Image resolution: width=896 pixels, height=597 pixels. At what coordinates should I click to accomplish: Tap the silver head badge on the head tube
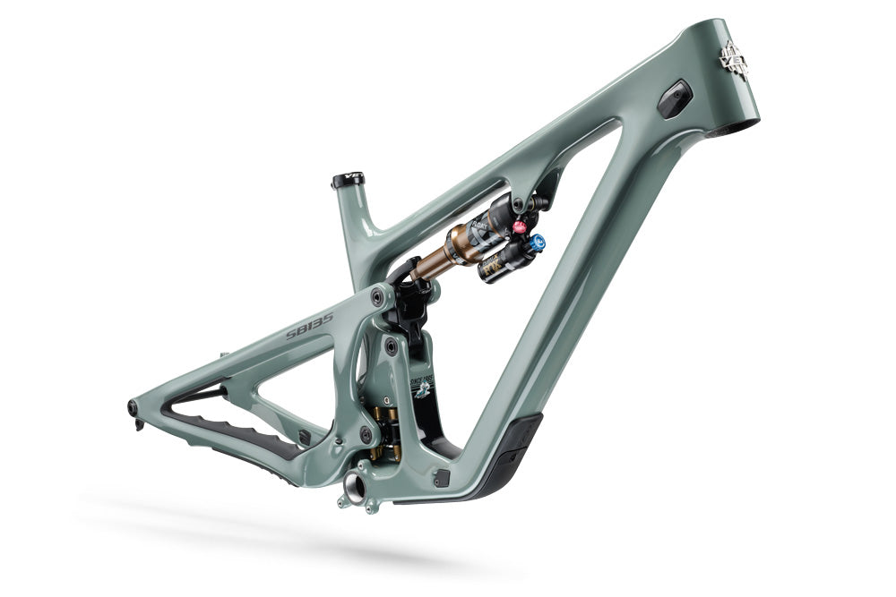[734, 60]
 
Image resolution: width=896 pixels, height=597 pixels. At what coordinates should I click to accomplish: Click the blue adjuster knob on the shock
[537, 242]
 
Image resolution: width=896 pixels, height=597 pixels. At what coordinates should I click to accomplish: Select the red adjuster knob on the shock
[519, 227]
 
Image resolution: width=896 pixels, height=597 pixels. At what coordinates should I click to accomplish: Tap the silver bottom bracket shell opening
[354, 487]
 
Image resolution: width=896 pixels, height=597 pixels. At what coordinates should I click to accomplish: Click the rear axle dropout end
[134, 408]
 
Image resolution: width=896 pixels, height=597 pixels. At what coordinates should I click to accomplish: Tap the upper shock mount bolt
[520, 205]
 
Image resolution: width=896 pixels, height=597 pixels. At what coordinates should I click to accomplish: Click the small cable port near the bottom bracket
[440, 478]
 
